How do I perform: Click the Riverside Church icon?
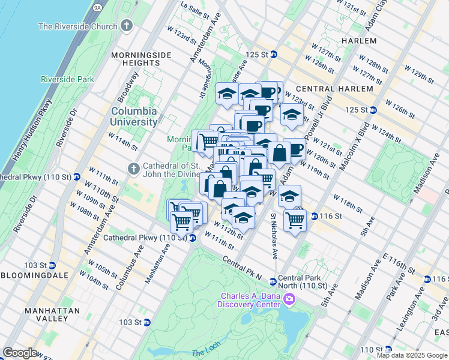click(126, 26)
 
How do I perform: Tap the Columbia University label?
click(133, 116)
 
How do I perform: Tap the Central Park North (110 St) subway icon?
click(273, 281)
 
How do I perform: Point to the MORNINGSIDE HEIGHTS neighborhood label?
click(141, 59)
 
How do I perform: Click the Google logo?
click(20, 353)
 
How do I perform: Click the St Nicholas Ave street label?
click(273, 236)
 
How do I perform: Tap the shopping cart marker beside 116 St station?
click(295, 221)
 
